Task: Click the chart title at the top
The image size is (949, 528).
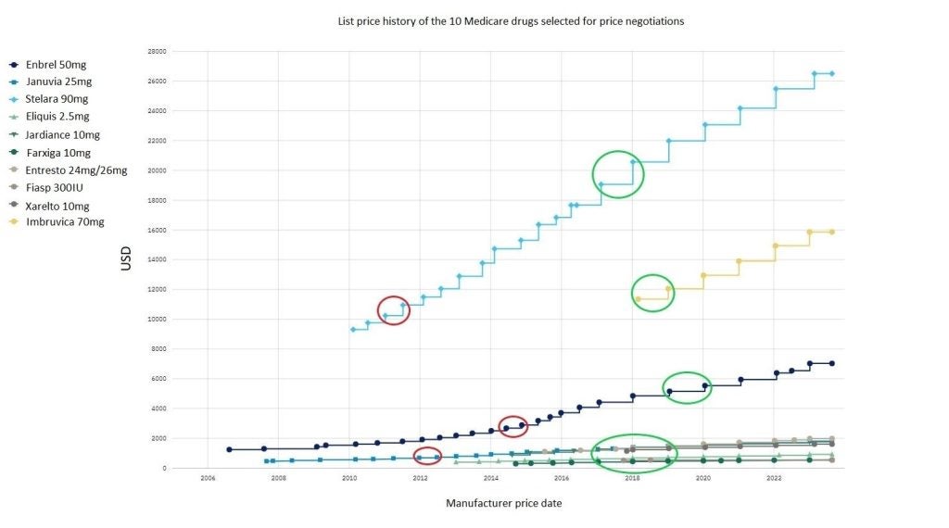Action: [511, 21]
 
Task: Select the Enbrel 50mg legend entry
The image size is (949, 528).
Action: [55, 64]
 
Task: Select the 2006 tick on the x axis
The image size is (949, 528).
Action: [208, 478]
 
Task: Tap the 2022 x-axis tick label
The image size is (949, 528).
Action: [774, 478]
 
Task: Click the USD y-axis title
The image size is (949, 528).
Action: [127, 258]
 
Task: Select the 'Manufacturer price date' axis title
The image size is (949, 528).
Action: [503, 503]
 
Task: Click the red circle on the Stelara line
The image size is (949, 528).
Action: [393, 309]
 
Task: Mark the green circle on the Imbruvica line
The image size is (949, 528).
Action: [652, 293]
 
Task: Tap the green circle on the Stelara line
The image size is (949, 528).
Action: [618, 174]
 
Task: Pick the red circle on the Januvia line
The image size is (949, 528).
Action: [427, 456]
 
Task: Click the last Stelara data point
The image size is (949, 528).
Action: [831, 73]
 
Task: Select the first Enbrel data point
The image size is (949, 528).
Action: [229, 449]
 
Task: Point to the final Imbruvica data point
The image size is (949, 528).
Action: [831, 232]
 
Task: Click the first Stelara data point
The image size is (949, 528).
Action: [353, 329]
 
